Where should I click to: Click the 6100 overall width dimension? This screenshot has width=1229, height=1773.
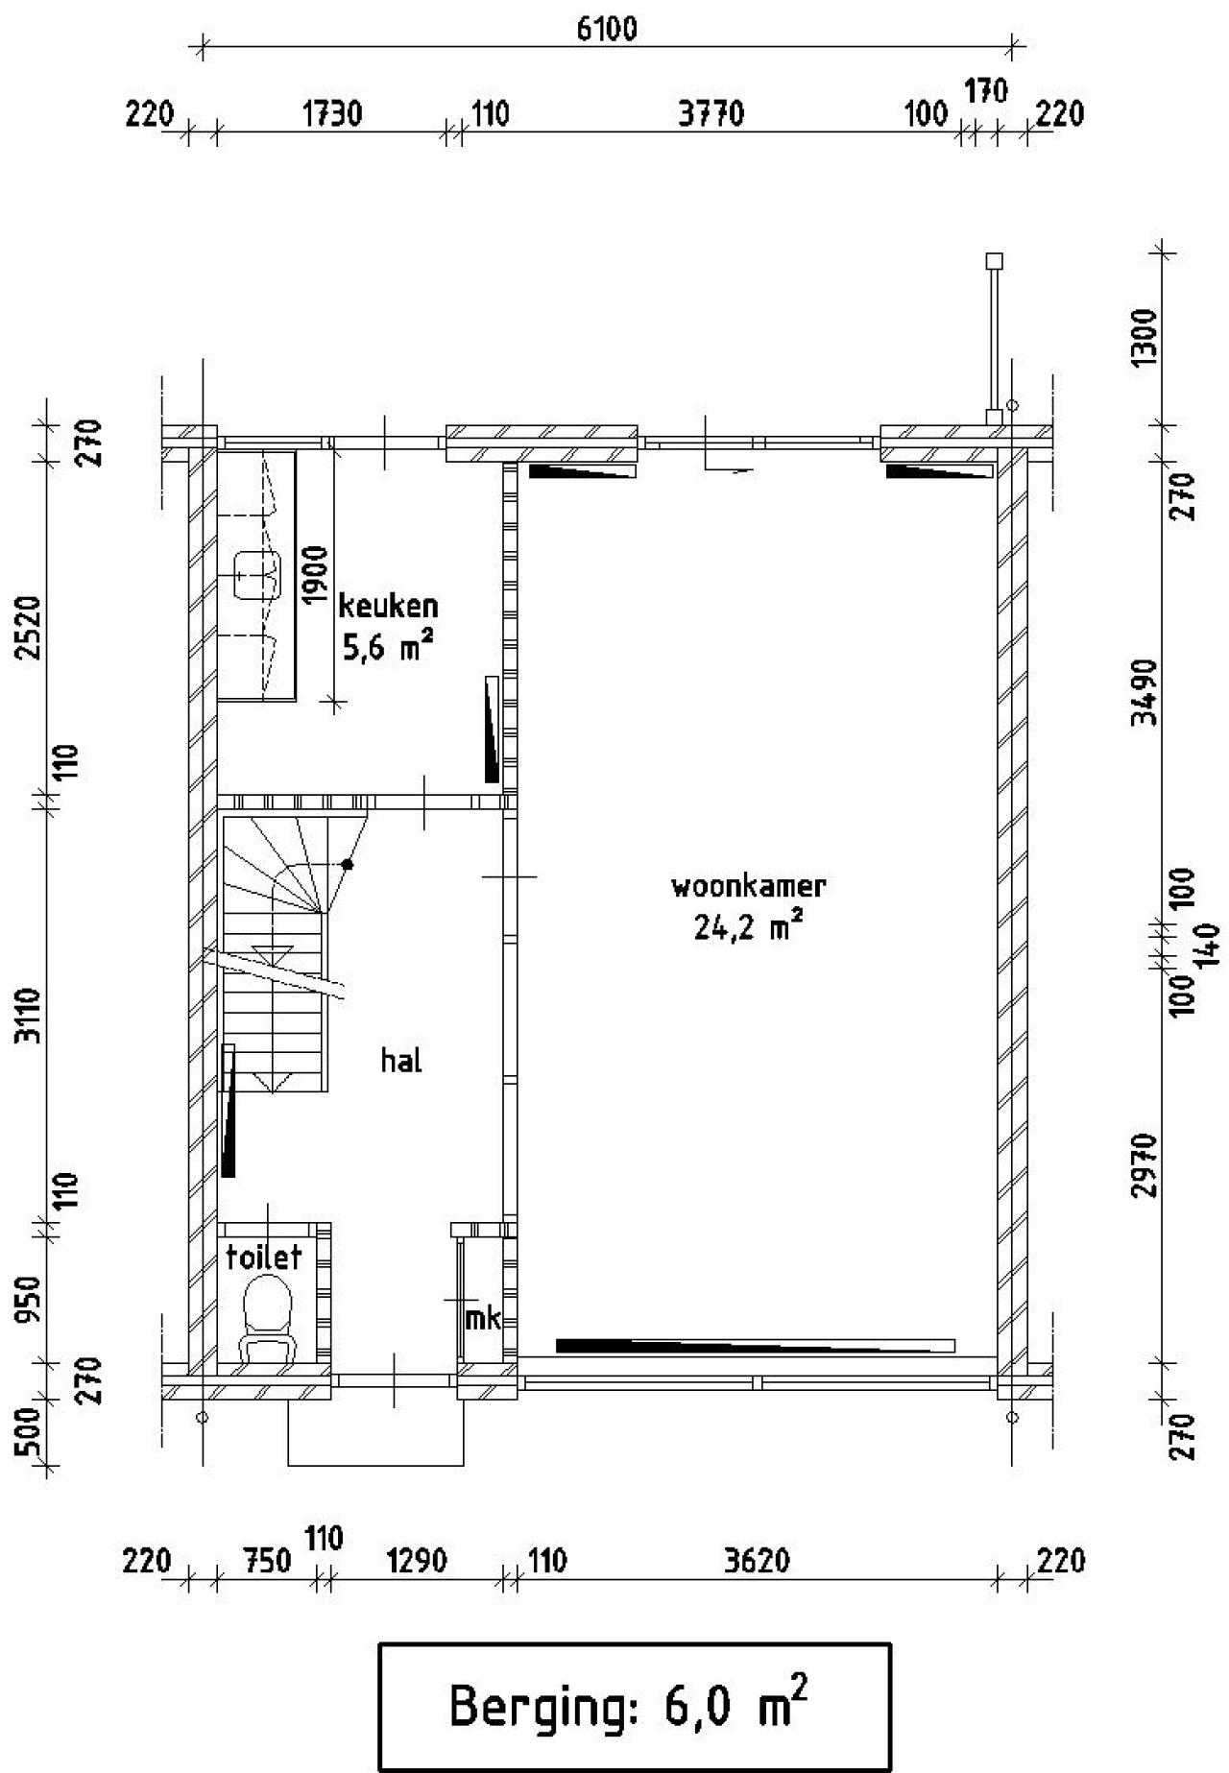pos(607,30)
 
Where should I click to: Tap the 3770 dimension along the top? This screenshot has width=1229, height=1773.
pos(711,114)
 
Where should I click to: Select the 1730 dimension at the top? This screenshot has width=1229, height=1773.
pos(332,114)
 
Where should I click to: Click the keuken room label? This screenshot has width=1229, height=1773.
pos(388,606)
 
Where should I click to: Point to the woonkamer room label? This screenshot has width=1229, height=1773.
pos(748,885)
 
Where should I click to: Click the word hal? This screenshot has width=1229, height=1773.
pos(401,1061)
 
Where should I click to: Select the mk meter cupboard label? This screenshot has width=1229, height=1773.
pos(483,1319)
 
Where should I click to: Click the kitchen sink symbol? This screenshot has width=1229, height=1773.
pos(256,575)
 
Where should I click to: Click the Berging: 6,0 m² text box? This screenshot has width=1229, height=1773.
pos(635,1707)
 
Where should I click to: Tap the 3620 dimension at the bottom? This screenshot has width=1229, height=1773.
pos(758,1561)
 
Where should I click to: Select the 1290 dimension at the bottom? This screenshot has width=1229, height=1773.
pos(416,1561)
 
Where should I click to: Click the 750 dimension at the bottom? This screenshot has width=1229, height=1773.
pos(264,1561)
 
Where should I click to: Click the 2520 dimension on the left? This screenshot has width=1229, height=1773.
pos(33,628)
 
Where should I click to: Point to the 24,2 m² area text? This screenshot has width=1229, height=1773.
pos(748,927)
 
